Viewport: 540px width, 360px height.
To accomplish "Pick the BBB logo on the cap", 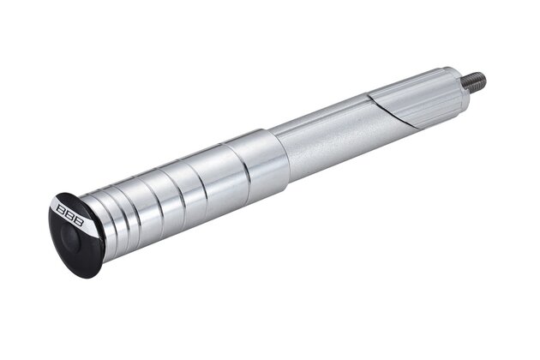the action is tap(70, 216).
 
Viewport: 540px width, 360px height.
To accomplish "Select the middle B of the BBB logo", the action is tap(70, 216).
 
